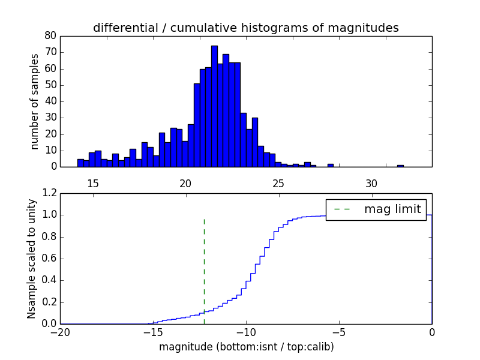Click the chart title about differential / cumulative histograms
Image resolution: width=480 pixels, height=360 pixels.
245,28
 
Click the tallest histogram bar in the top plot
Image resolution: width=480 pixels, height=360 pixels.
214,108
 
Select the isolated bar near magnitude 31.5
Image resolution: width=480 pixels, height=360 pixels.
400,166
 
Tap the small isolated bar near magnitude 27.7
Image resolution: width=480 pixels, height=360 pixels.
330,165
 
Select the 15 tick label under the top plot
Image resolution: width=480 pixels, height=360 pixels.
92,183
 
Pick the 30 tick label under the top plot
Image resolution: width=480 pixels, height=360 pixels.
371,183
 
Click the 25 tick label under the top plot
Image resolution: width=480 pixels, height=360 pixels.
278,183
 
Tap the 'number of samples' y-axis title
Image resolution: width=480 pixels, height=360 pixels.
35,101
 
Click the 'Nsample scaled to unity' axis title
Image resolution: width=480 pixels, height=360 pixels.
31,259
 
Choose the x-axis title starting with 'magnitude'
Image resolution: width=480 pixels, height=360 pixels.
246,347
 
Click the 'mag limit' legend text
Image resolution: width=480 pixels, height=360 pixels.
392,209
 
